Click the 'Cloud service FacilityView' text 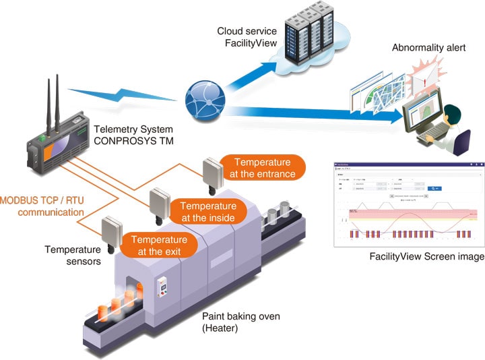pos(246,38)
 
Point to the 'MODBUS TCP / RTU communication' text pos(42,206)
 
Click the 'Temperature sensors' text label pos(73,256)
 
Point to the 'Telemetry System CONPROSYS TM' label pos(133,135)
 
